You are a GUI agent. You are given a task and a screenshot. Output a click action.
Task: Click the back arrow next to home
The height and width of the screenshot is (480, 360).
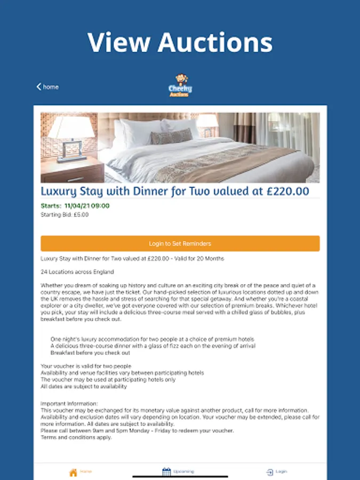click(x=38, y=87)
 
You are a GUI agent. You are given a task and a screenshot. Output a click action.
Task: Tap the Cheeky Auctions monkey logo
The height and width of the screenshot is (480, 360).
click(x=180, y=86)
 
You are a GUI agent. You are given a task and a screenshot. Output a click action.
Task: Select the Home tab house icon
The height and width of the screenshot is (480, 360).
click(x=74, y=472)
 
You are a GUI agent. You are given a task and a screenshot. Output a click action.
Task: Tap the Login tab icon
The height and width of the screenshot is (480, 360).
click(x=270, y=472)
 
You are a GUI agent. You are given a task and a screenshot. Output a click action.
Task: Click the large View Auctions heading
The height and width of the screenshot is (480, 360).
click(x=180, y=42)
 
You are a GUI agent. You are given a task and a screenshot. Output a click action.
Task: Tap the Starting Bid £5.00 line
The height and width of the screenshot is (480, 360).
click(x=65, y=215)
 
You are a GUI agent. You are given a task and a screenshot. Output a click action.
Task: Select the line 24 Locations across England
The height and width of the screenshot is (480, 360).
click(x=77, y=272)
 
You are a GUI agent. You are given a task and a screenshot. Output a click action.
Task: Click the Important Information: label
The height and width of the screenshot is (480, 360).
click(x=69, y=404)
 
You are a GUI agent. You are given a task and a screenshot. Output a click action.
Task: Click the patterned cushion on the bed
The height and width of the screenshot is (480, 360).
click(x=171, y=137)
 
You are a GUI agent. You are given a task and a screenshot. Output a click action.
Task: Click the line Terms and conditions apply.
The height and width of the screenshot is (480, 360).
click(x=76, y=437)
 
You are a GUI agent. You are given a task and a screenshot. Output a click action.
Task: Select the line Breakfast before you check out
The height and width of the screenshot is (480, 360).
click(x=90, y=353)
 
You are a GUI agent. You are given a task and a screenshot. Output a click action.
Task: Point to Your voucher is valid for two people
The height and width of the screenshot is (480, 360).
click(x=86, y=366)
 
